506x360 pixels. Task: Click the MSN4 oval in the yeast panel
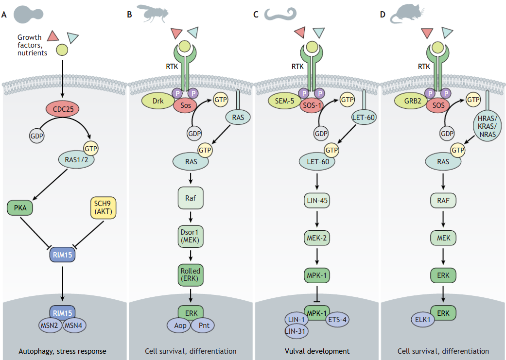pyautogui.click(x=74, y=325)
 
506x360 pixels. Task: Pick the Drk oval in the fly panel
pyautogui.click(x=158, y=101)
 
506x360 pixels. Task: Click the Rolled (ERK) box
pyautogui.click(x=190, y=274)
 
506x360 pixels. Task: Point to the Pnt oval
pyautogui.click(x=203, y=325)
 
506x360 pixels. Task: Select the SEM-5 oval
pyautogui.click(x=284, y=101)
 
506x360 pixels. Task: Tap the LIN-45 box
pyautogui.click(x=316, y=201)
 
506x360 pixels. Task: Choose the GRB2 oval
pyautogui.click(x=410, y=101)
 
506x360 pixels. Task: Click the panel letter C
pyautogui.click(x=256, y=15)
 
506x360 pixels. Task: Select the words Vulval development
pyautogui.click(x=316, y=351)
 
